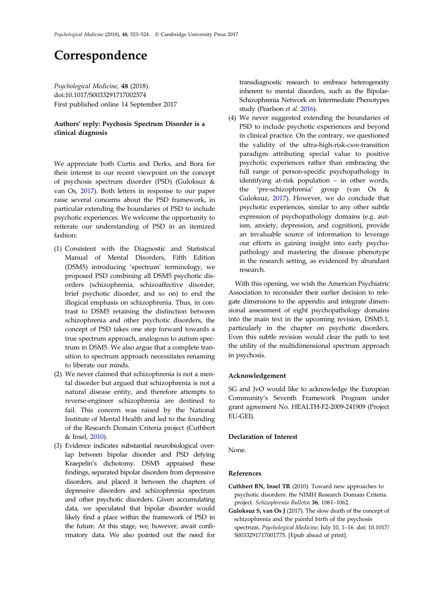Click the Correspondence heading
100,56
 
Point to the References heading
244,473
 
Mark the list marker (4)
232,118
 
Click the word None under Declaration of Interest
237,451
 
